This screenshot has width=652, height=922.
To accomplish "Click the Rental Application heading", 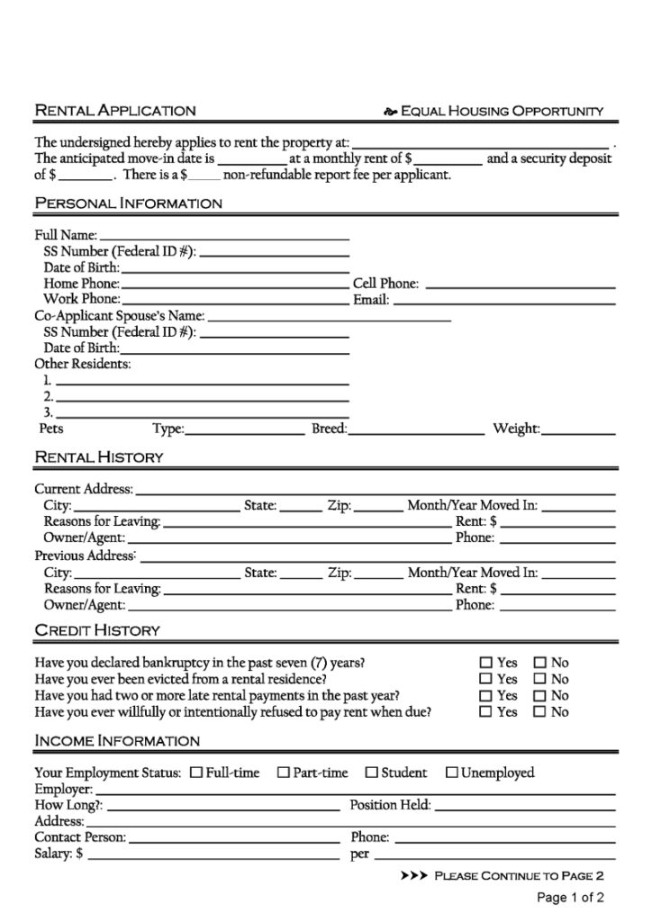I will pos(114,111).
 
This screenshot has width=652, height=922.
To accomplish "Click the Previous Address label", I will pos(85,556).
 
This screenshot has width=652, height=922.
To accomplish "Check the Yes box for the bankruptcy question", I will pos(486,663).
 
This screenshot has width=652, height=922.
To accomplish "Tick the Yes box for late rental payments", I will pos(486,695).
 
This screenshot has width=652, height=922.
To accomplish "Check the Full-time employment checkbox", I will pos(196,773).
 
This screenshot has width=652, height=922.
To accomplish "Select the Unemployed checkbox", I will pos(452,773).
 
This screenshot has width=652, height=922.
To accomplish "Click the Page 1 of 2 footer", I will pos(570,898).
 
